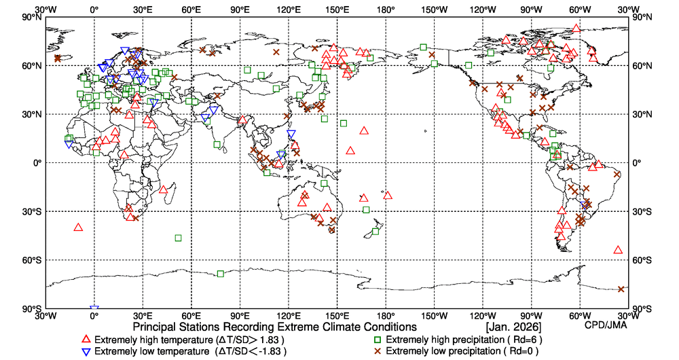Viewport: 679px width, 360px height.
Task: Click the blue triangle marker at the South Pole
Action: tap(94, 310)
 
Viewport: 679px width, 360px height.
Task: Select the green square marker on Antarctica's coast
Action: tap(221, 274)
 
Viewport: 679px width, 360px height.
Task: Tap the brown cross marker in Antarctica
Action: tap(621, 289)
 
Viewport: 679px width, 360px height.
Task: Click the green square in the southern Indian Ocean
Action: tap(179, 238)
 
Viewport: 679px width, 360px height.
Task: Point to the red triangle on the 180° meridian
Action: tap(388, 195)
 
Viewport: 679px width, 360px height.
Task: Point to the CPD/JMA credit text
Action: tap(606, 325)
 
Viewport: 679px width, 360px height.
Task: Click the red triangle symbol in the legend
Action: tap(86, 339)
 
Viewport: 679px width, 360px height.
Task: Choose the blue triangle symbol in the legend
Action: tap(86, 351)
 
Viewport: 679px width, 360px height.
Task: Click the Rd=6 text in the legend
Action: tap(521, 339)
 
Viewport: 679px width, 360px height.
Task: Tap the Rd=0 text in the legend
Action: tap(521, 351)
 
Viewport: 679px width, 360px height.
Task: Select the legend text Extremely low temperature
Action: tap(151, 351)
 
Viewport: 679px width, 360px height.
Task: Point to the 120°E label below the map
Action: tap(289, 317)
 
